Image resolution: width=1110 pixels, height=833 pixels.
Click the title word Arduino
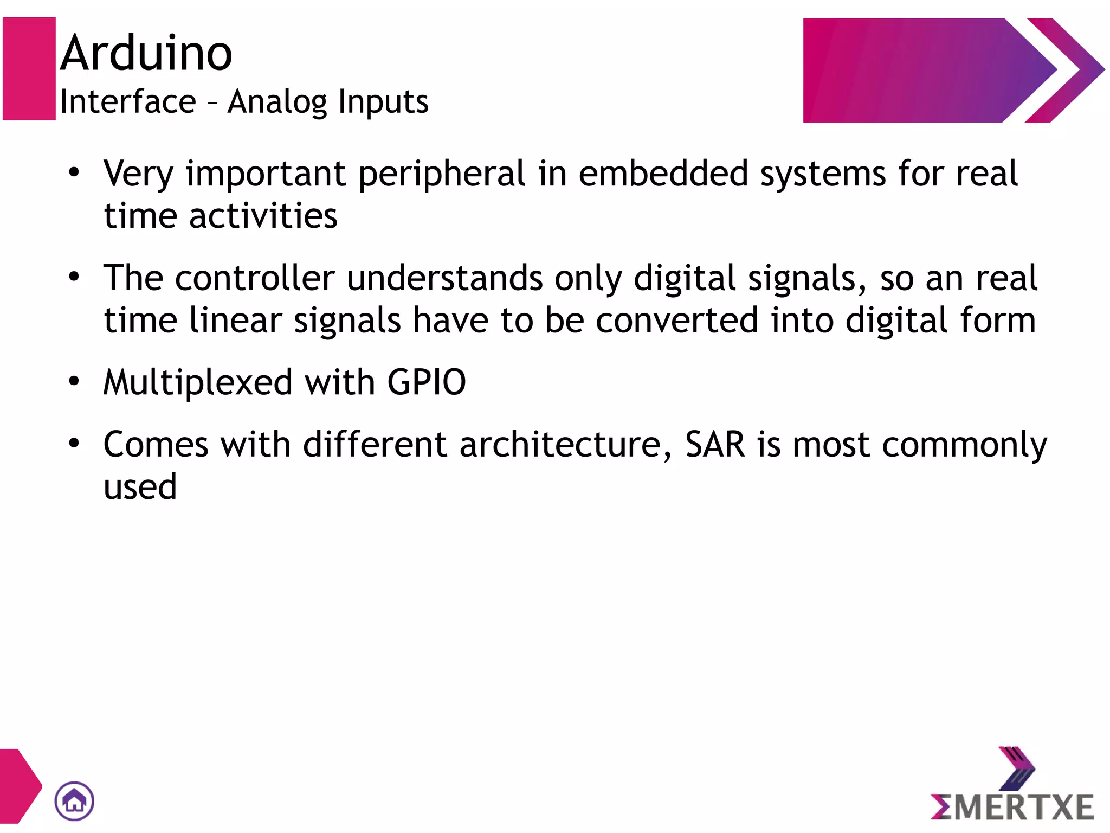pyautogui.click(x=146, y=53)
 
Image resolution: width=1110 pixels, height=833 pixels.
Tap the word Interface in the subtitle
pyautogui.click(x=128, y=101)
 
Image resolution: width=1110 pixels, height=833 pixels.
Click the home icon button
pyautogui.click(x=74, y=800)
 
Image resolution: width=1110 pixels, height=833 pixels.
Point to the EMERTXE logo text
pyautogui.click(x=1012, y=806)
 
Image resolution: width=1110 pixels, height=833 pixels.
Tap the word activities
pyautogui.click(x=263, y=216)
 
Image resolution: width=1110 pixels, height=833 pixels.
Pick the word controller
pyautogui.click(x=255, y=278)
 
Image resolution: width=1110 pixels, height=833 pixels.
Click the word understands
pyautogui.click(x=444, y=278)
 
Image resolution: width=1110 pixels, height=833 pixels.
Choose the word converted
pyautogui.click(x=677, y=320)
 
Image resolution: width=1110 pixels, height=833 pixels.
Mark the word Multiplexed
pyautogui.click(x=198, y=382)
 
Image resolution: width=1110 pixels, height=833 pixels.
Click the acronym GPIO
pyautogui.click(x=427, y=382)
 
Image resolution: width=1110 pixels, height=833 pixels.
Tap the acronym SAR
pyautogui.click(x=715, y=445)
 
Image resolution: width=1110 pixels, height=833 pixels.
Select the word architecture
pyautogui.click(x=560, y=445)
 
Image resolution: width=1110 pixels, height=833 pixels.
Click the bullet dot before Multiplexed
pyautogui.click(x=74, y=381)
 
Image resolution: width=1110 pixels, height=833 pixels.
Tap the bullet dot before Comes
pyautogui.click(x=74, y=443)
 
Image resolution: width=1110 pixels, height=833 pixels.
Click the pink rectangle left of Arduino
pyautogui.click(x=29, y=69)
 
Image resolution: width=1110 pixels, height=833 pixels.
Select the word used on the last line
pyautogui.click(x=140, y=486)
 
